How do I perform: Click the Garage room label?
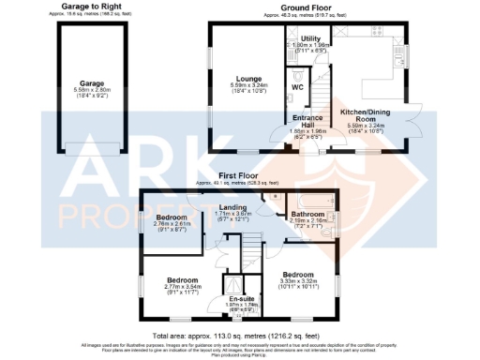pyautogui.click(x=92, y=83)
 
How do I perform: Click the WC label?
pyautogui.click(x=296, y=87)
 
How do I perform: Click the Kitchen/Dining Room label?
pyautogui.click(x=365, y=113)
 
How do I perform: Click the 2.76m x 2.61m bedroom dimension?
pyautogui.click(x=172, y=224)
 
